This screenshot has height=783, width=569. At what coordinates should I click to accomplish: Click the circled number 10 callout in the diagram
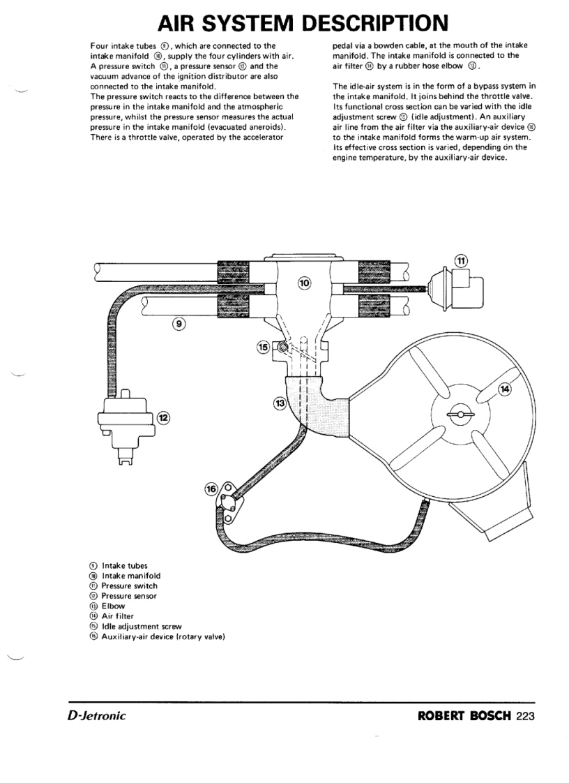[305, 283]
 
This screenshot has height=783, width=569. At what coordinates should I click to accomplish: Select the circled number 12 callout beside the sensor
[164, 417]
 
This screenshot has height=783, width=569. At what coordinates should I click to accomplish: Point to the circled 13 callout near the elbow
[280, 403]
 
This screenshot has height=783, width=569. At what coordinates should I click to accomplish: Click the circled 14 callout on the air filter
[505, 389]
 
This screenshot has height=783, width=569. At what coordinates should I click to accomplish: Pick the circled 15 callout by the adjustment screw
[263, 347]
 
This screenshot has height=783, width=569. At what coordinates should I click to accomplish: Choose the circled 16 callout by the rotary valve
[211, 489]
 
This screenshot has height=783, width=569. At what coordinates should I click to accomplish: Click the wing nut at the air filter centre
[458, 415]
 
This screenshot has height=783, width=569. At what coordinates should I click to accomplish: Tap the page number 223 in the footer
[525, 716]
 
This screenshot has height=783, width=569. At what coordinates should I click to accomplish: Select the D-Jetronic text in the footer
[97, 716]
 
